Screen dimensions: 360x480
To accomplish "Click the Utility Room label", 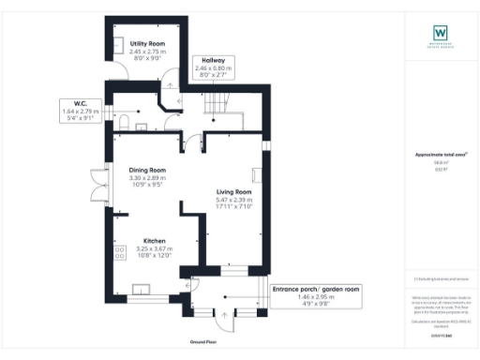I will (148, 43).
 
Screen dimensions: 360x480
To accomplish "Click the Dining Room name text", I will (147, 170).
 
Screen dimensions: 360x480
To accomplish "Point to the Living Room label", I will (234, 191).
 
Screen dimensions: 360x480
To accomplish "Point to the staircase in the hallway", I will (217, 101).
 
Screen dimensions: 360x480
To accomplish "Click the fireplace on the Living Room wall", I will (255, 173).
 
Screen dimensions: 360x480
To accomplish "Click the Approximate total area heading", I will (440, 154).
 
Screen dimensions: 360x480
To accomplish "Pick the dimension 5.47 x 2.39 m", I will (234, 200).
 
